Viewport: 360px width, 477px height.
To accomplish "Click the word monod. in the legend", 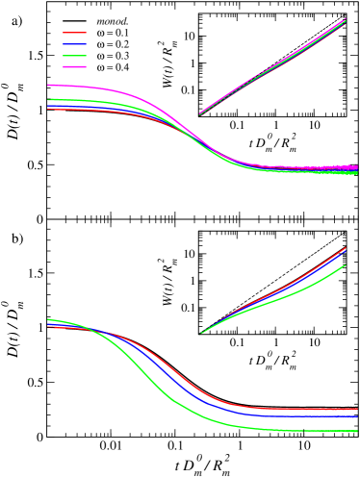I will [x=114, y=21].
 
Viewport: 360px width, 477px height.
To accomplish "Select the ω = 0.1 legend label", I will [x=114, y=33].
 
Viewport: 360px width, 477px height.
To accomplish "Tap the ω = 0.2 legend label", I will [x=114, y=44].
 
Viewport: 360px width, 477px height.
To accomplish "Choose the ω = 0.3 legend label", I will [x=114, y=56].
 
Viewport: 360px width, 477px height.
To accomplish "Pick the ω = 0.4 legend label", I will [x=114, y=67].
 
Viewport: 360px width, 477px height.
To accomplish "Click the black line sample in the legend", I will [x=75, y=21].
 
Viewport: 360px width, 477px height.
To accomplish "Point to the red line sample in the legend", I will [x=75, y=33].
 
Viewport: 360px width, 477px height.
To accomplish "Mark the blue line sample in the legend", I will [x=75, y=44].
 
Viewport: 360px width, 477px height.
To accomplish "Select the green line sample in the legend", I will [x=75, y=56].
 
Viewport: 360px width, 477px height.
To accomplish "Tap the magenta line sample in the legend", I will [x=75, y=67].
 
